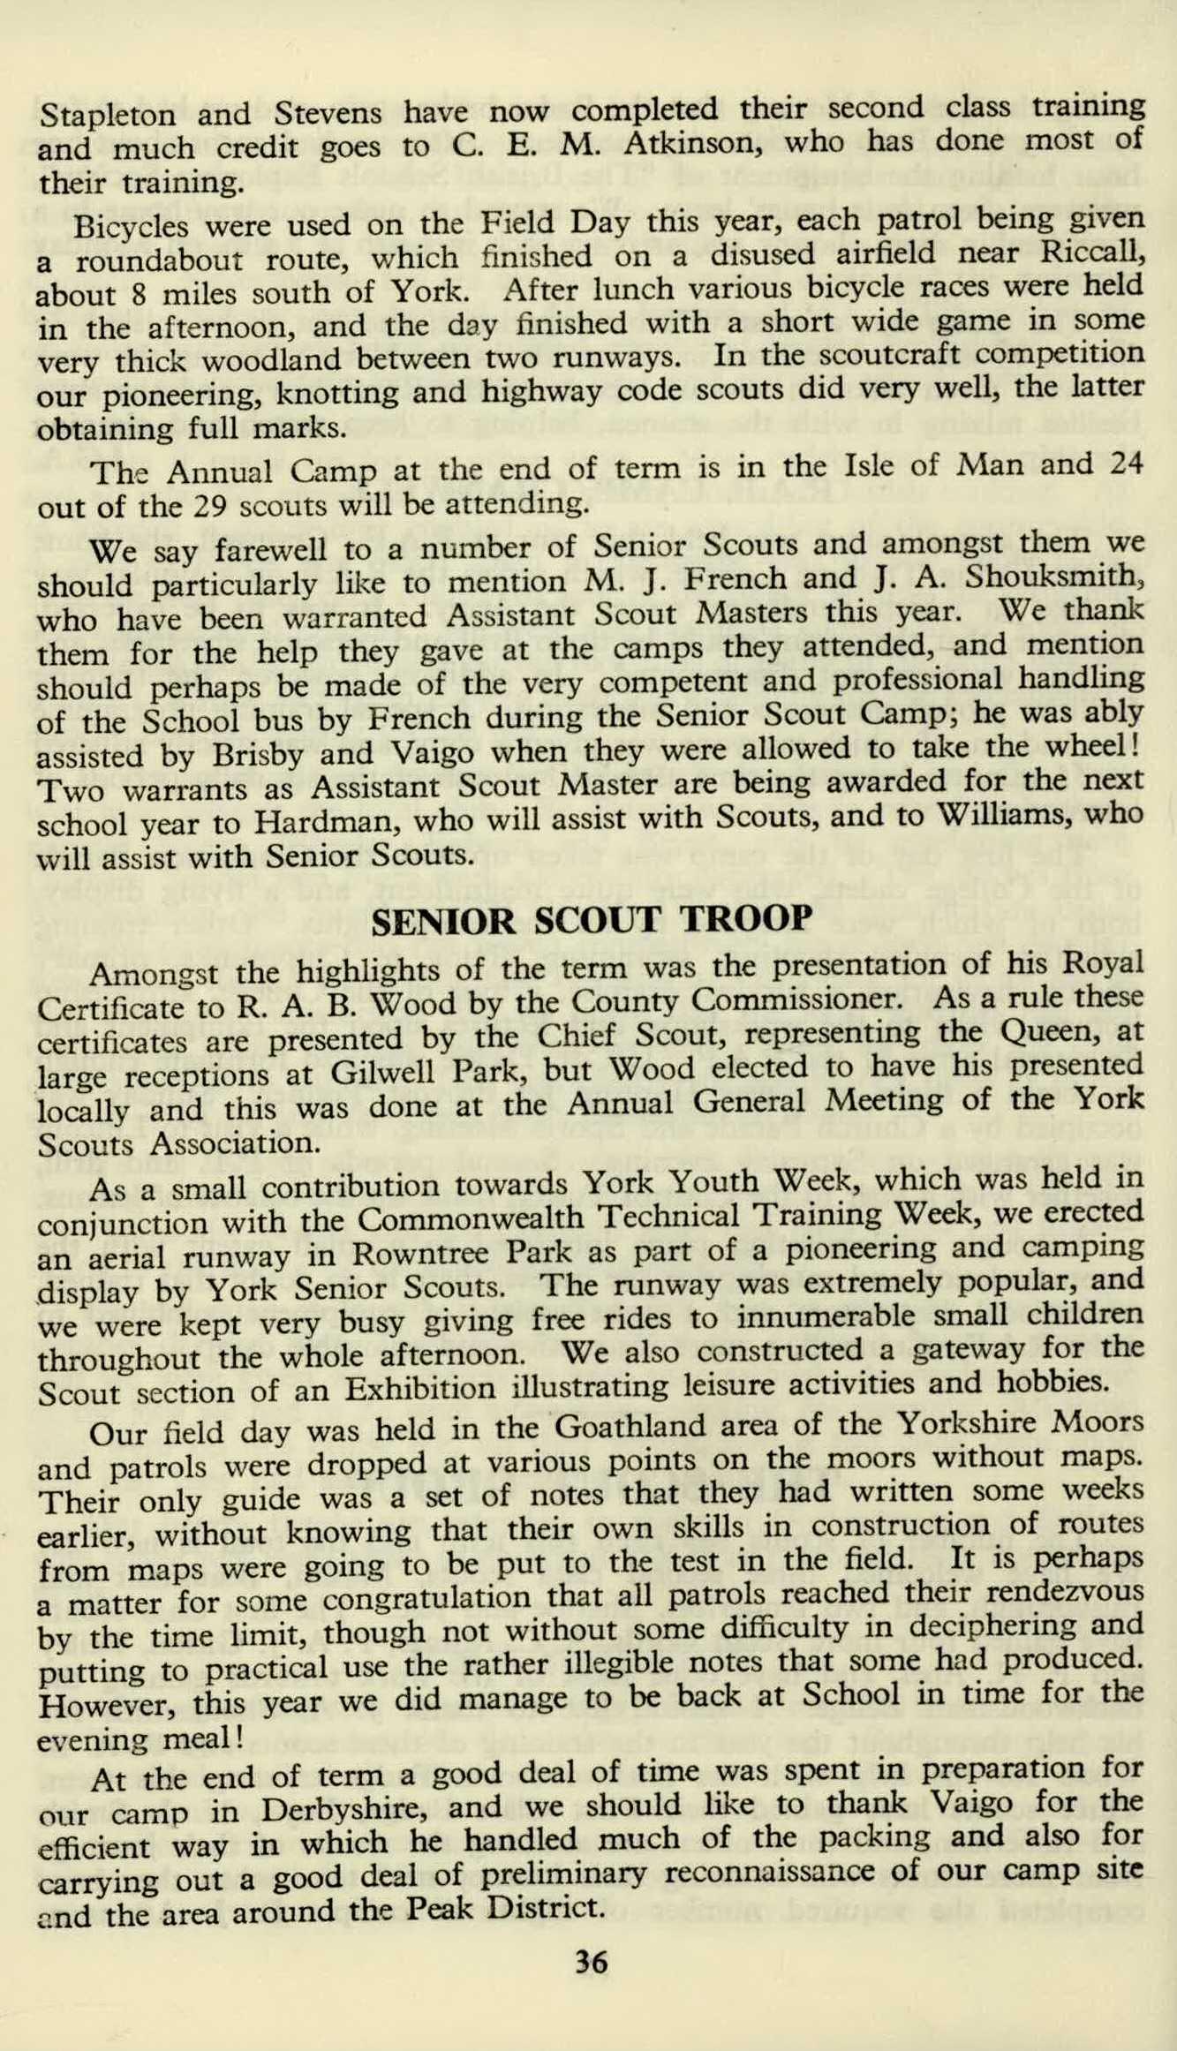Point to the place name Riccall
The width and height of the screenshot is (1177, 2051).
1090,251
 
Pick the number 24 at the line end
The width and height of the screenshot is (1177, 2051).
1124,463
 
